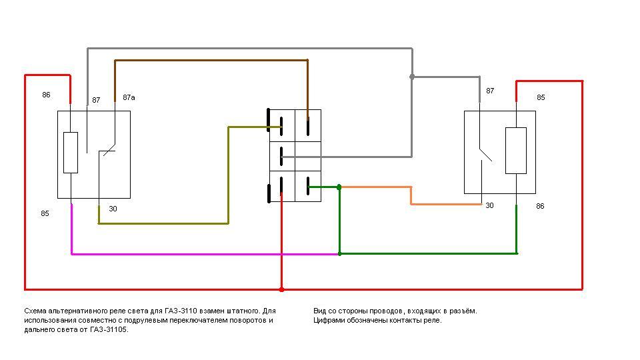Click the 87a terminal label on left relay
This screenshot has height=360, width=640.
coord(129,97)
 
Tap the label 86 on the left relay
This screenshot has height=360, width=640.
coord(46,95)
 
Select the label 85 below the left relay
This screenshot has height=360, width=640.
coord(45,214)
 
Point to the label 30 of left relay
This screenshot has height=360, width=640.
coord(113,209)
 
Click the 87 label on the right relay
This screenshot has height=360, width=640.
coord(490,91)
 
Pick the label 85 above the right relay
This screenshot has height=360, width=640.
coord(541,97)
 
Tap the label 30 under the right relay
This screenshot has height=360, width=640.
coord(489,205)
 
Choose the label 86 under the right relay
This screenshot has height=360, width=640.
coord(540,206)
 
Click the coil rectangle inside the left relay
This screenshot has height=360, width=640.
coord(71,153)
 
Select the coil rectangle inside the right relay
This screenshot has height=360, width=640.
coord(516,151)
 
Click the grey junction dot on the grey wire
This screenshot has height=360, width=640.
coord(412,77)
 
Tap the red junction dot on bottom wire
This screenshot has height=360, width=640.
coord(281,289)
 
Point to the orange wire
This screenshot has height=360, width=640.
coord(411,195)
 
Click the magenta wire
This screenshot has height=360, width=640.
coord(200,254)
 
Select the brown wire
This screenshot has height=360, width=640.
coord(211,61)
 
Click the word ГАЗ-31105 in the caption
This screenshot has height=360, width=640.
coord(106,329)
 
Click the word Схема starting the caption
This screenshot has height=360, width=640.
coord(35,311)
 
